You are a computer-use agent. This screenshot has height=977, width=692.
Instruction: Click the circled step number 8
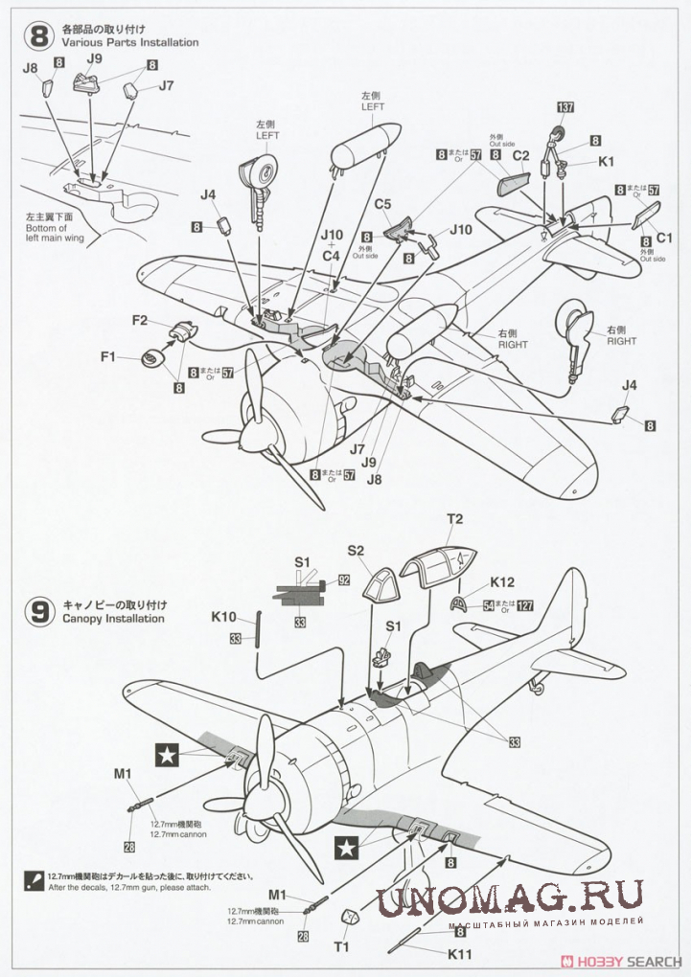(x=39, y=37)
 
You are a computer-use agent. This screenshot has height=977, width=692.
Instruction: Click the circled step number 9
(x=39, y=612)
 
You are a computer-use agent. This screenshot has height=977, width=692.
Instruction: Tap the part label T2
(x=455, y=520)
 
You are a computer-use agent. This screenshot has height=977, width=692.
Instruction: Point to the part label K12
(x=502, y=581)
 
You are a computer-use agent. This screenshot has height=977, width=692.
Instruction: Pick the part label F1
(x=108, y=356)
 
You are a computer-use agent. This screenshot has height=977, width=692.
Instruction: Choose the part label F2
(x=139, y=321)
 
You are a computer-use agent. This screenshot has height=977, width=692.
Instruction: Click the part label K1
(x=606, y=162)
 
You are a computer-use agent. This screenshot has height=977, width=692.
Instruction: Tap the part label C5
(x=382, y=204)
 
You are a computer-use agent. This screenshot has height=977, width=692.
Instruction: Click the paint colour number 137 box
(x=565, y=107)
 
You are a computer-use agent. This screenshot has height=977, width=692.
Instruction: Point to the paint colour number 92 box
(x=344, y=580)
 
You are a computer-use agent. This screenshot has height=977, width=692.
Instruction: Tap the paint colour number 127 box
(x=524, y=605)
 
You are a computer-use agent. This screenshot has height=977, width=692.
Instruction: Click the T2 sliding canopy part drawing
(x=438, y=558)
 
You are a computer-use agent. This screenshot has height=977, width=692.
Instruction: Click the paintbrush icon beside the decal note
(x=35, y=876)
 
